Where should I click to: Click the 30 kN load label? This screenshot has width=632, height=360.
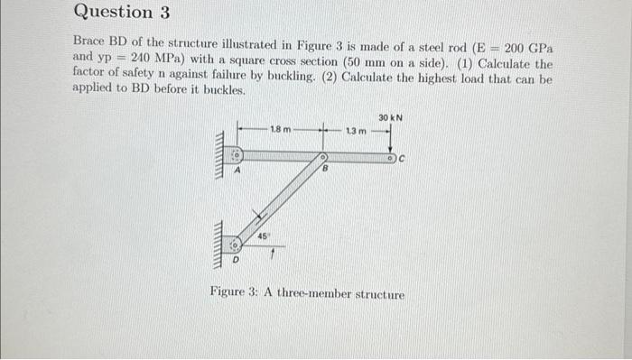(390, 118)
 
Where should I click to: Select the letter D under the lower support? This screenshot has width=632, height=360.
(237, 260)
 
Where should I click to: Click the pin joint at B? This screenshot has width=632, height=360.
(321, 157)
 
